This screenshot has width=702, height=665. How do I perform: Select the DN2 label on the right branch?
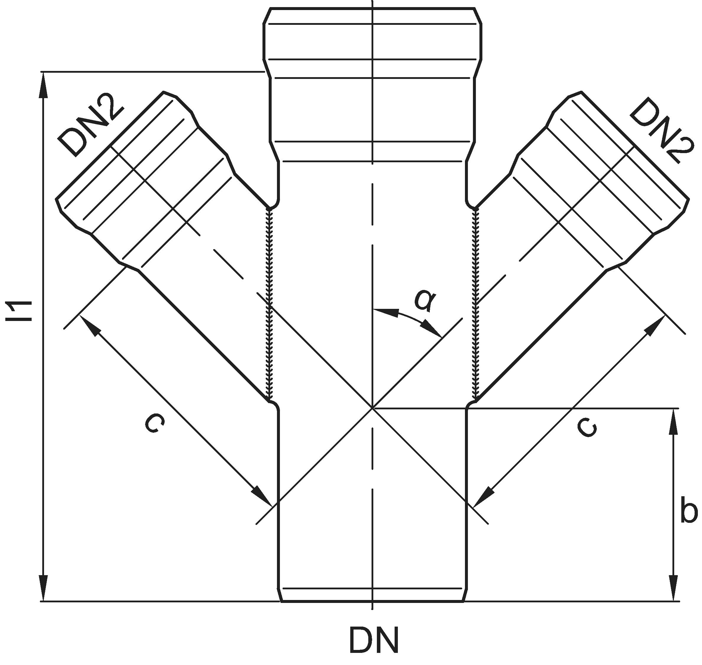tap(661, 131)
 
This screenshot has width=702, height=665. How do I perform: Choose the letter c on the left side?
tap(155, 424)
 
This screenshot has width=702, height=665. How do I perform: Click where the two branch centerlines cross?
tap(372, 408)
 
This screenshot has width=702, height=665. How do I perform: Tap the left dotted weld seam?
tap(270, 305)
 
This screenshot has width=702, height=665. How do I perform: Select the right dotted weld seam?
tap(476, 305)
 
